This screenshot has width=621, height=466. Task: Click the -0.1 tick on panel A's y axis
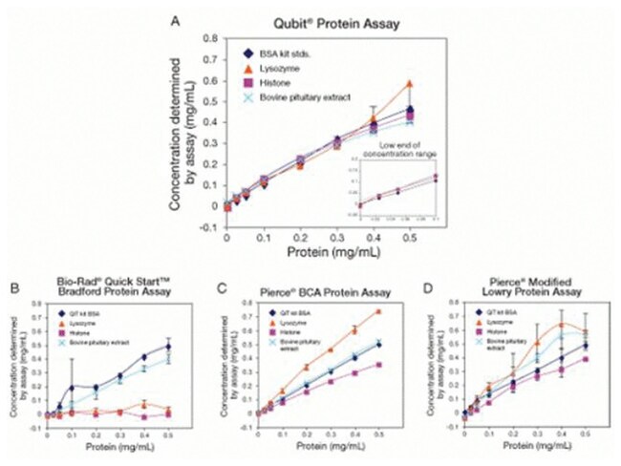(212, 230)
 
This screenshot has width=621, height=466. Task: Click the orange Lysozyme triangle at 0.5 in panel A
(410, 84)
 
